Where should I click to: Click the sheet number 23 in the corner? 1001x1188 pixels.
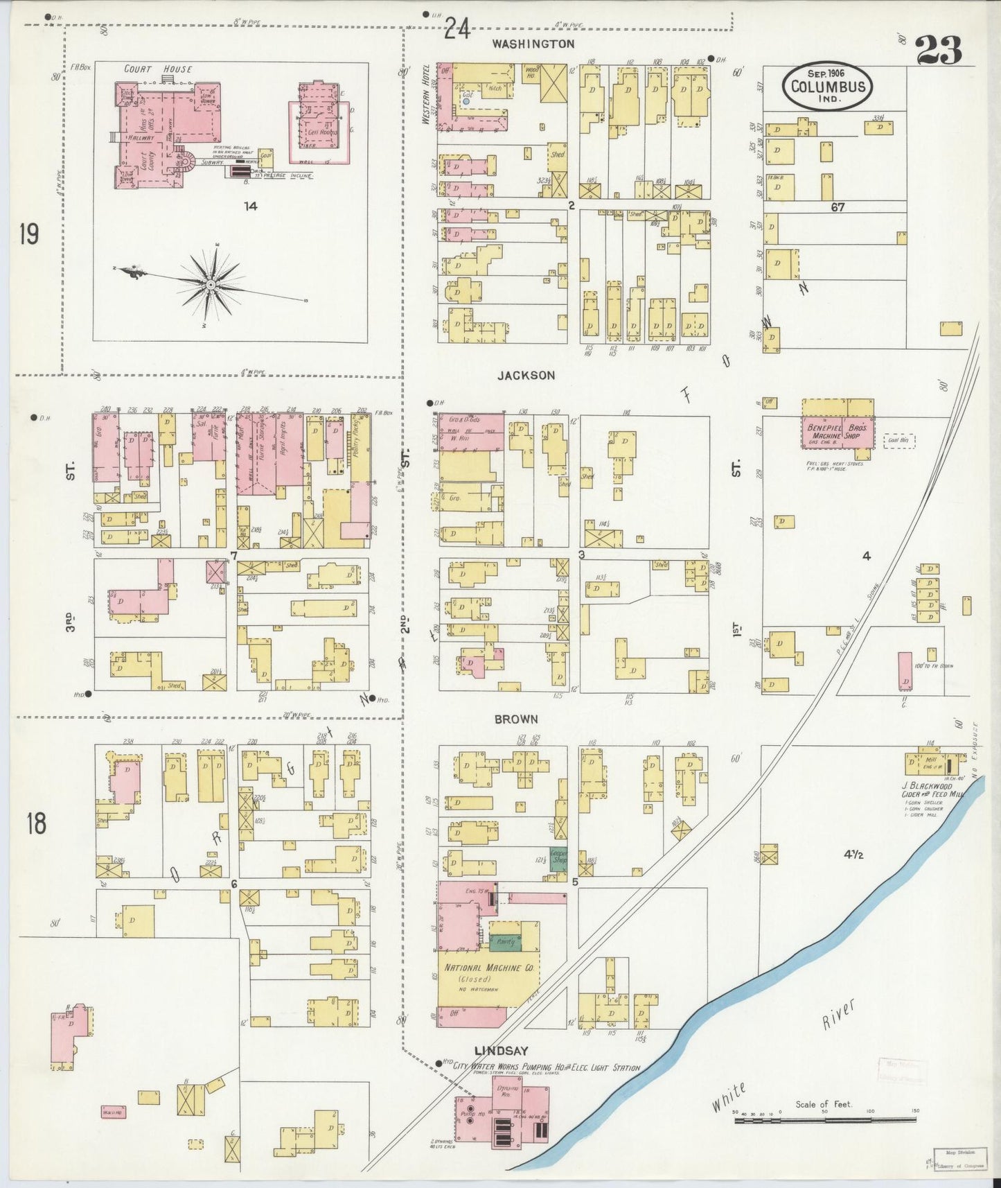(x=939, y=50)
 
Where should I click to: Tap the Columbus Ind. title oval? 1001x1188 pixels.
(x=828, y=87)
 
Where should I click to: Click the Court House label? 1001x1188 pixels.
(x=158, y=69)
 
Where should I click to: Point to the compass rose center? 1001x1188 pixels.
(x=210, y=284)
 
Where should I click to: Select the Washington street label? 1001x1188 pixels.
(x=533, y=44)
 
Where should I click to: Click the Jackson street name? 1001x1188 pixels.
(x=526, y=375)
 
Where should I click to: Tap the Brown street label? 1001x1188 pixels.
(x=516, y=719)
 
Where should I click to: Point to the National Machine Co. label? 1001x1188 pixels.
(x=488, y=968)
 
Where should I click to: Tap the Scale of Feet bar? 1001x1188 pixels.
(x=824, y=1118)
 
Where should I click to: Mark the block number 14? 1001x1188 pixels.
(x=251, y=206)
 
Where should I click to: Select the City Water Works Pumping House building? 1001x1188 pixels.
(x=502, y=1116)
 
